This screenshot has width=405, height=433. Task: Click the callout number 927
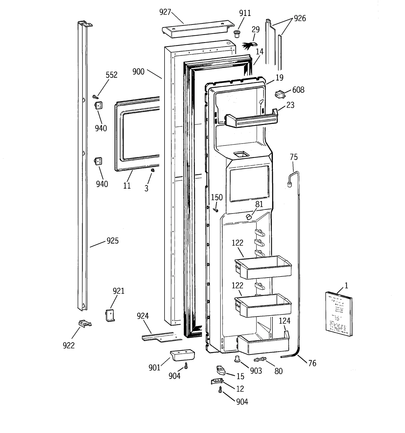[165, 12]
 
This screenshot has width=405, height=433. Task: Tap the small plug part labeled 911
[237, 34]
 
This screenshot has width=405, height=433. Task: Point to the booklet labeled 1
[338, 314]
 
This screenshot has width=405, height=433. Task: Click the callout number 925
[112, 240]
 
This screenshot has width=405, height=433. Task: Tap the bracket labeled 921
[110, 316]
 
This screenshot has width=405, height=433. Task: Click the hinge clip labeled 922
[85, 323]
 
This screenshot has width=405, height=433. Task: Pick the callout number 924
[143, 316]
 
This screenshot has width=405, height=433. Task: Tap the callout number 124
[284, 321]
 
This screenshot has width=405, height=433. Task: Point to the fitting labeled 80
[260, 359]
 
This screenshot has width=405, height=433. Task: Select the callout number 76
[312, 363]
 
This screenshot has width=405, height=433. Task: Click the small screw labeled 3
[153, 170]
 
